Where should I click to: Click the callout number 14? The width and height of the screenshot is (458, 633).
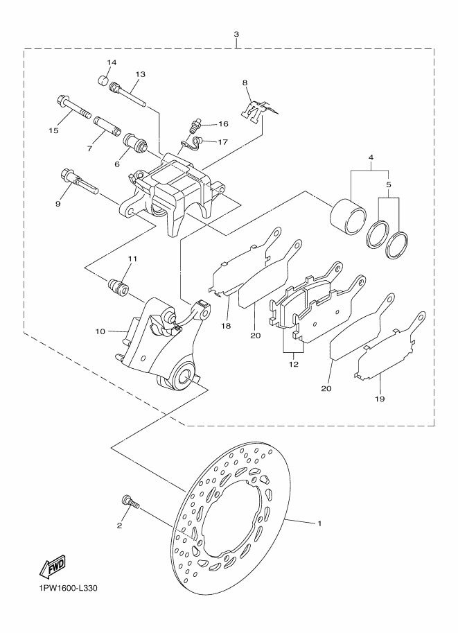coord(112,62)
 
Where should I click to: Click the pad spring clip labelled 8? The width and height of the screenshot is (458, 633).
coord(258,111)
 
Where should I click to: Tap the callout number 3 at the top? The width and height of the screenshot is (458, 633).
coord(236,34)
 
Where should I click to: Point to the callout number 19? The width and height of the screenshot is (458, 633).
coord(380,399)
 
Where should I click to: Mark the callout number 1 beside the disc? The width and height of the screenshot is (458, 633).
coord(319,523)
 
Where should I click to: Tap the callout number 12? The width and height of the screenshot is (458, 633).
coord(293,364)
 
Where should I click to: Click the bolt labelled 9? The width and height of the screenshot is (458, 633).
coord(79,182)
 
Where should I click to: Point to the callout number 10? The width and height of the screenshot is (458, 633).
coord(100,331)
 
